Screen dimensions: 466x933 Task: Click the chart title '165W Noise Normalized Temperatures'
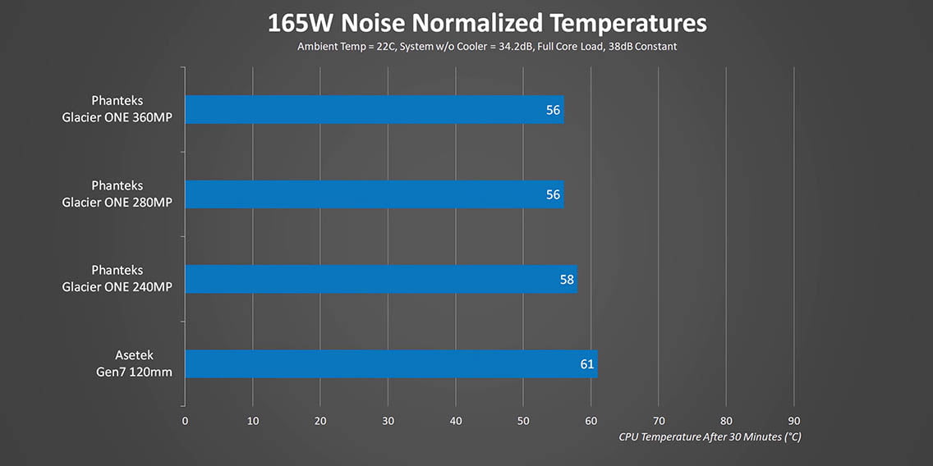[x=486, y=23]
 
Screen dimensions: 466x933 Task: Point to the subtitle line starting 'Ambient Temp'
[x=487, y=47]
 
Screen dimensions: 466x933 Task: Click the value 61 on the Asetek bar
[x=586, y=363]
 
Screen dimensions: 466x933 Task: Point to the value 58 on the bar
[x=567, y=279]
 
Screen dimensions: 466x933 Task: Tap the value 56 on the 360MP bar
[x=553, y=109]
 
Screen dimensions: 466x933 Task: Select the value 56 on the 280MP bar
[x=553, y=194]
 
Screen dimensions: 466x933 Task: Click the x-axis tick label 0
[x=185, y=421]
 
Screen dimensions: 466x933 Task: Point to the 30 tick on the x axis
[x=388, y=421]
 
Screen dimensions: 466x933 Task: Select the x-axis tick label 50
[x=523, y=421]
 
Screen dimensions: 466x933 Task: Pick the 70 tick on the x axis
[x=658, y=421]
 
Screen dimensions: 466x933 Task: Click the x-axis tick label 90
[x=793, y=421]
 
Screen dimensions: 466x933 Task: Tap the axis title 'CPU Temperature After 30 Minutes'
[x=710, y=436]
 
